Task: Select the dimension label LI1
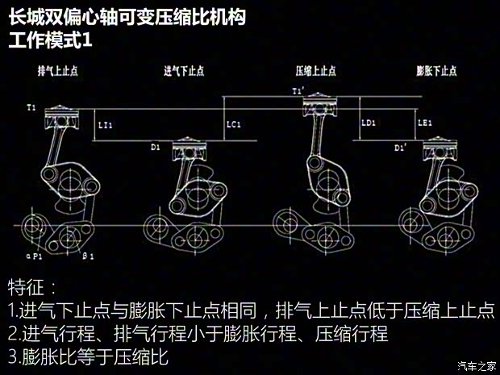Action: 105,125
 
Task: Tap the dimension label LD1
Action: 369,123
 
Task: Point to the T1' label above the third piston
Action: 299,93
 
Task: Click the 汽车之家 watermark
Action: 476,366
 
